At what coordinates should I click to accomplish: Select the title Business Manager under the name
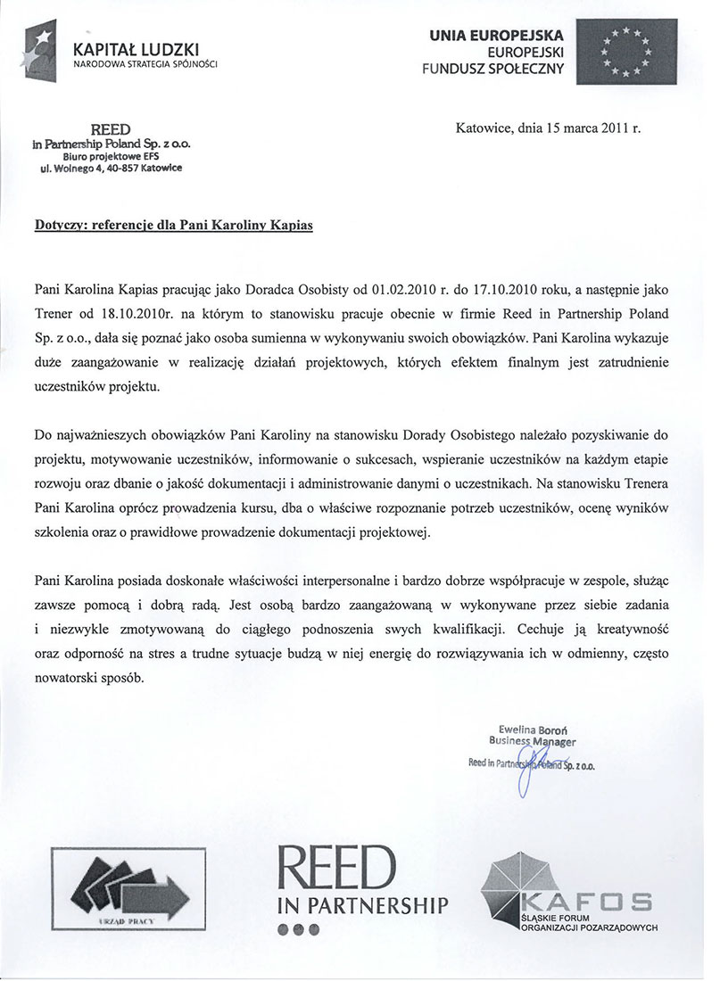(533, 741)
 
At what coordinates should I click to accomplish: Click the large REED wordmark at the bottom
(338, 867)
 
